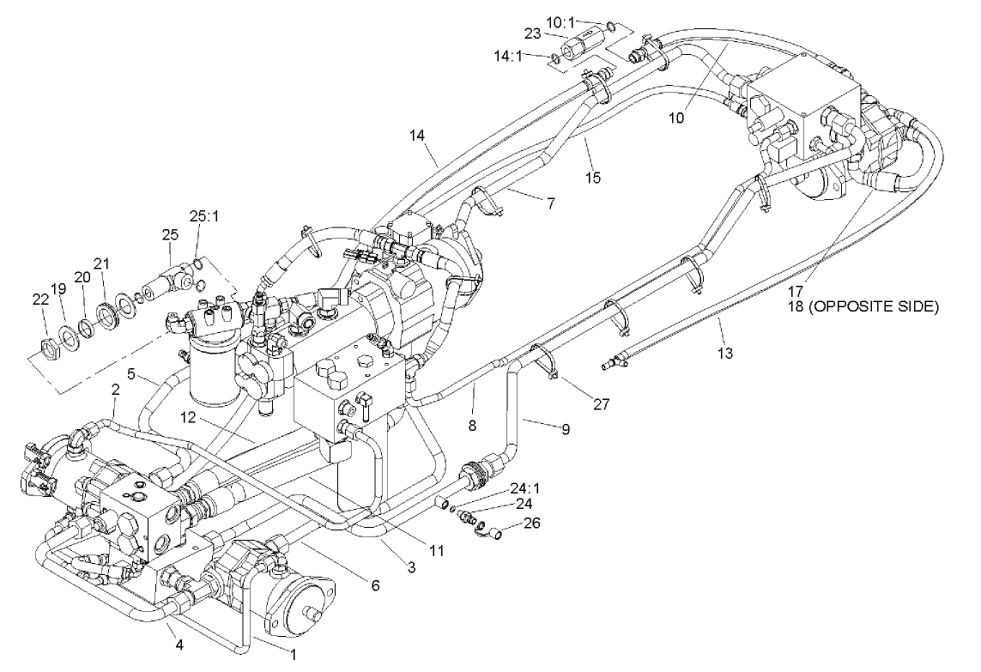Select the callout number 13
726,354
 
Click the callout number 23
535,34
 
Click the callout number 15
592,178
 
